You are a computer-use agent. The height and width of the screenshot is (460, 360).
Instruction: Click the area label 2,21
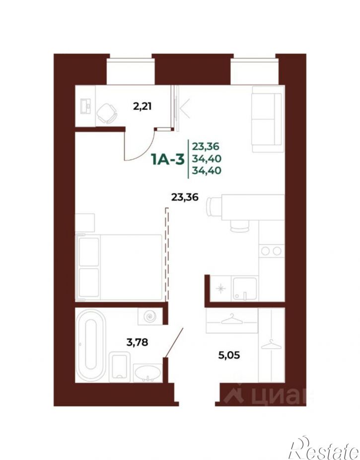[x=142, y=106]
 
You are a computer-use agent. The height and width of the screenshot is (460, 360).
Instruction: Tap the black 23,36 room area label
[x=185, y=197]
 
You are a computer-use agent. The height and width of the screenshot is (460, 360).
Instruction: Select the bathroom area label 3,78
[x=137, y=342]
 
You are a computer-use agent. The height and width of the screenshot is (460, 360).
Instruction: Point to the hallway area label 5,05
[x=229, y=355]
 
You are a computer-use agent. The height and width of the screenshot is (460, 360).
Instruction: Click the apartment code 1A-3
[x=167, y=160]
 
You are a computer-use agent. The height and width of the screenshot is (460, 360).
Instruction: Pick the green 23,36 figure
[x=206, y=146]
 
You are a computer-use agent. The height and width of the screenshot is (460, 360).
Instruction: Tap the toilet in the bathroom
[x=119, y=367]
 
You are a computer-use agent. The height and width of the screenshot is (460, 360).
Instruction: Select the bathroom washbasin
[x=147, y=373]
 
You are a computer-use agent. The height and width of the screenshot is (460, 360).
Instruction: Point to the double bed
[x=119, y=267]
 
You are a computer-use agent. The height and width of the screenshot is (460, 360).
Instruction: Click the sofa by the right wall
[x=268, y=119]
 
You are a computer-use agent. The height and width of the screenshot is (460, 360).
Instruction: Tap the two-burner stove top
[x=272, y=251]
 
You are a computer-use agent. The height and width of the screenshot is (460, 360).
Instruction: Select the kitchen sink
[x=244, y=289]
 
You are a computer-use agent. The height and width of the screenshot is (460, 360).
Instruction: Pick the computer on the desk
[x=85, y=106]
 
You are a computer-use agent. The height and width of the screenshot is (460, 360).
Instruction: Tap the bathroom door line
[x=174, y=343]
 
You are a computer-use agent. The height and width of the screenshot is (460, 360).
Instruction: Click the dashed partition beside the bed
[x=167, y=254]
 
